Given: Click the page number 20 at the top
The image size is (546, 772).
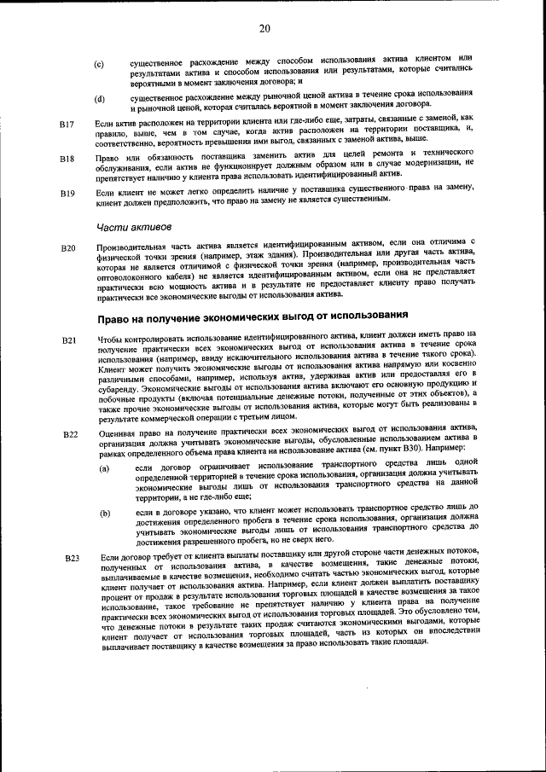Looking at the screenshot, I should coord(264,29).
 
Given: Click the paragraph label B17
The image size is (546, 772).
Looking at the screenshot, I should coord(67,125).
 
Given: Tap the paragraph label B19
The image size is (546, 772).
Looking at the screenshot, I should coord(67,194).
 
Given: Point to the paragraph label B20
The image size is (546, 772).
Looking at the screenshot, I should coord(69,248).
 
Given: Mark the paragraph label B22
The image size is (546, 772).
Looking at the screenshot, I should coord(71,435).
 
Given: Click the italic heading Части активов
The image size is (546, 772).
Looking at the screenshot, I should coord(134,227).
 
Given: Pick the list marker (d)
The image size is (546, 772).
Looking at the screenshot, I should coord(99,99).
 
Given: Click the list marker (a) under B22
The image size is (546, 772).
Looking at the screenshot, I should coord(104,469).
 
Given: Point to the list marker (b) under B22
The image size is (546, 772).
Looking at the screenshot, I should coord(104,514).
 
